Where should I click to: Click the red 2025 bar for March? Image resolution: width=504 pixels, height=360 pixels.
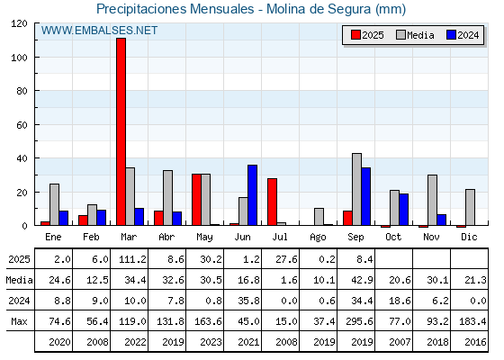[x=121, y=131]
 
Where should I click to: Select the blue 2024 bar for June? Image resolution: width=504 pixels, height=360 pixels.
[x=252, y=195]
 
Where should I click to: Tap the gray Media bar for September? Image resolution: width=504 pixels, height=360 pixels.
[x=356, y=189]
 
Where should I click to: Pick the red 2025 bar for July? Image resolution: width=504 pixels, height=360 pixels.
[x=272, y=202]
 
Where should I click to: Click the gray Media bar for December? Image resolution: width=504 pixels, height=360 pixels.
[x=470, y=207]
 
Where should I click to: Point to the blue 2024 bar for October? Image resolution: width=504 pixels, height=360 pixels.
[x=404, y=210]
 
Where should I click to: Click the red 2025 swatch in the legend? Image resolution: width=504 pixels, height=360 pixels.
[x=355, y=35]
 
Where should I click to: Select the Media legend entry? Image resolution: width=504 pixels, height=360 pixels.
[x=415, y=35]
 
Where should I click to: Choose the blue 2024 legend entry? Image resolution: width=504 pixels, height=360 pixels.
[x=463, y=35]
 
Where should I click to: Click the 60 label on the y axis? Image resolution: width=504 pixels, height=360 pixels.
[x=22, y=125]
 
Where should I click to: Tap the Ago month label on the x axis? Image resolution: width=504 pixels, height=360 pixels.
[x=318, y=238]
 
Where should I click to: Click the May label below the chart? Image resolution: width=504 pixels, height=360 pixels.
[x=205, y=238]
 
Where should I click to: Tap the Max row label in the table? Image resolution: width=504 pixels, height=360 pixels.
[x=19, y=321]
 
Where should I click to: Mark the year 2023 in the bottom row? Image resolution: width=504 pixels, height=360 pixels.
[x=211, y=342]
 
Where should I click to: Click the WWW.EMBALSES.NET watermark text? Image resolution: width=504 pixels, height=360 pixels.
[x=99, y=31]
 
